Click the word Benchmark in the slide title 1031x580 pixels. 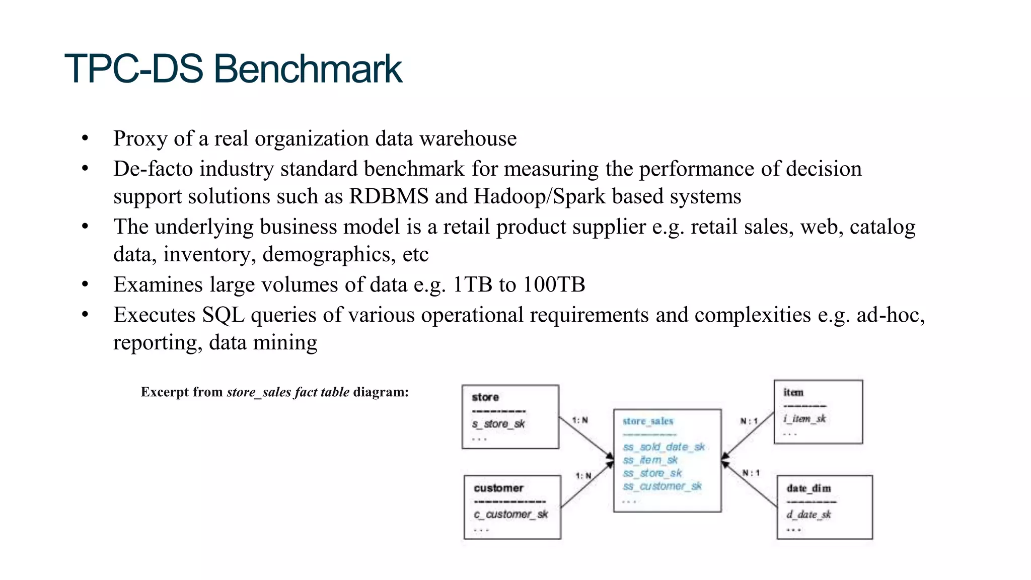(308, 69)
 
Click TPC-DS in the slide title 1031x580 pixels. (134, 69)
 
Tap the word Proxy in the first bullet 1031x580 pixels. (140, 139)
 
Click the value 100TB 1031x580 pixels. (554, 285)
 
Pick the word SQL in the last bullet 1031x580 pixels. (223, 315)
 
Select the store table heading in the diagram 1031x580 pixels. (485, 397)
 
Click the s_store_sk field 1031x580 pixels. (498, 424)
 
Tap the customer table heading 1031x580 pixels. (498, 488)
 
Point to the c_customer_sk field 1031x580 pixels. (510, 514)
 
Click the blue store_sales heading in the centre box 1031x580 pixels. (647, 421)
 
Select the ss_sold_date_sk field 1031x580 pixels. (664, 447)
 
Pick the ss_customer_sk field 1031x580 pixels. (662, 486)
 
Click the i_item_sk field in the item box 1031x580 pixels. (804, 418)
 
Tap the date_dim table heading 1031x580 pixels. (808, 488)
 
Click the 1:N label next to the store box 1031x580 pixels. (580, 420)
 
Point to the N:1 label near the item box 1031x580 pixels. (749, 421)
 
